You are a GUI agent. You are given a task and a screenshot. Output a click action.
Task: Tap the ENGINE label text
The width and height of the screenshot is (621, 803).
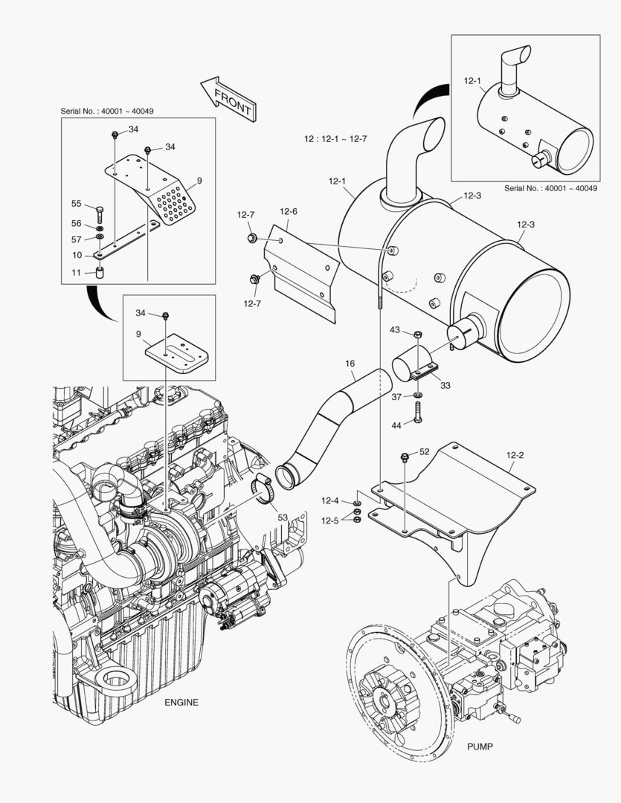[x=181, y=702]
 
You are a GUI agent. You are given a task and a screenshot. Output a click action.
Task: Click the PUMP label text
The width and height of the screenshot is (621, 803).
[x=480, y=746]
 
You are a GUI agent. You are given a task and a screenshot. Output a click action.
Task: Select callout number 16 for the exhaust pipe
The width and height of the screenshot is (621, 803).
[x=350, y=364]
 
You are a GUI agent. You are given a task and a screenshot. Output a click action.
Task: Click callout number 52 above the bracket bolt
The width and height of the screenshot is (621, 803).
[x=424, y=451]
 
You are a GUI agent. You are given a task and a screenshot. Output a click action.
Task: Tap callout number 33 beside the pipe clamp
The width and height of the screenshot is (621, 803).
[x=445, y=385]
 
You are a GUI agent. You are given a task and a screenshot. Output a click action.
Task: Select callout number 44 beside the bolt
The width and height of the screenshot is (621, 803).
[x=396, y=425]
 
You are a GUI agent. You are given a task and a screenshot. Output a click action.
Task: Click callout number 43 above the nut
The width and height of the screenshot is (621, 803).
[x=395, y=329]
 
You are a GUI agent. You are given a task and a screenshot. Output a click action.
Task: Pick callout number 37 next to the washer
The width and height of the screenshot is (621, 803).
[x=397, y=396]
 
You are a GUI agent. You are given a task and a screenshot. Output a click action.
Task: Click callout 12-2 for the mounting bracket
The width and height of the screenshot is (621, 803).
[x=516, y=453]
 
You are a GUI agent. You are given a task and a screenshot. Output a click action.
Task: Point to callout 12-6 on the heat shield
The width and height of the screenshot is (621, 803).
[x=289, y=211]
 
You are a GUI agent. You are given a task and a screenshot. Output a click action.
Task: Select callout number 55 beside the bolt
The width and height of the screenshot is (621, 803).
[x=76, y=204]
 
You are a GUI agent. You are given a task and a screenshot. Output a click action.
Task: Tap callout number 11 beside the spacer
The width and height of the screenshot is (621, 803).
[x=76, y=273]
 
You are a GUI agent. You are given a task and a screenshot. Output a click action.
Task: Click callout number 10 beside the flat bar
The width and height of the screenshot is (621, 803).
[x=76, y=255]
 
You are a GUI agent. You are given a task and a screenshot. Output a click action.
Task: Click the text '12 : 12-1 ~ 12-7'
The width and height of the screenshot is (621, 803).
[x=335, y=139]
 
